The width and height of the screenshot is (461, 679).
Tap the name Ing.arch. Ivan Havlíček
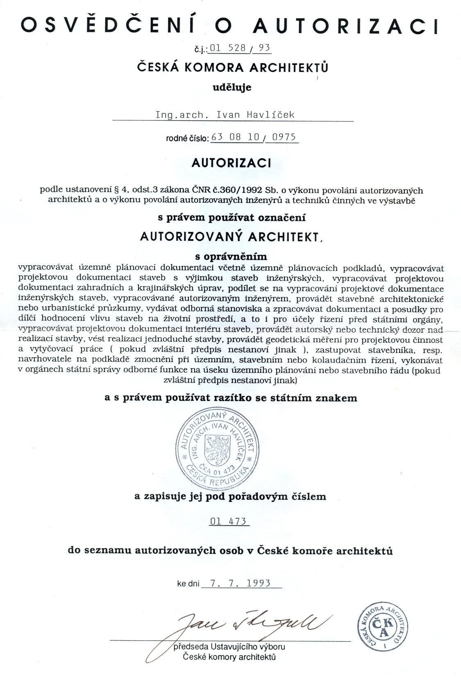225,115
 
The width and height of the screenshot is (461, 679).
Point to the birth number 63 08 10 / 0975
254,137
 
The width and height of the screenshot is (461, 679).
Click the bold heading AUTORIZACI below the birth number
231,163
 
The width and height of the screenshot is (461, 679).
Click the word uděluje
232,87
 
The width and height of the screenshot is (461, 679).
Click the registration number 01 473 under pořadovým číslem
228,521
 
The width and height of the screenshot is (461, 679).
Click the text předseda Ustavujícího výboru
229,647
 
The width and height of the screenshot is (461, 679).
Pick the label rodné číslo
187,138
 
